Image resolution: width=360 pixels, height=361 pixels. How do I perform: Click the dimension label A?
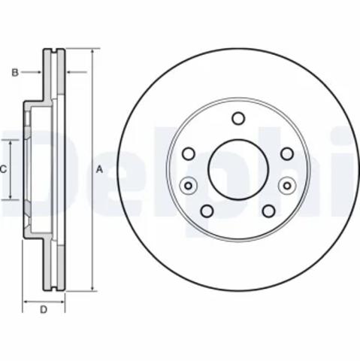99,169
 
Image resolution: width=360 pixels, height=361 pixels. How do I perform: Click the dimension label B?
15,72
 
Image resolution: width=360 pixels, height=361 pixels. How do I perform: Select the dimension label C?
3,169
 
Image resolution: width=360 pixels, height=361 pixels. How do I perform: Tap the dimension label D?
44,310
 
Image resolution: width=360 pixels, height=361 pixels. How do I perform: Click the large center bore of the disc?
238,170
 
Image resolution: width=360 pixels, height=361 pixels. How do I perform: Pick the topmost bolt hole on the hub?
238,118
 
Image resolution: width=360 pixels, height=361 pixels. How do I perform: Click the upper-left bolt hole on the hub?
189,153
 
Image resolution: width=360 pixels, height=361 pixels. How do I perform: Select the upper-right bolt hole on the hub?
287,153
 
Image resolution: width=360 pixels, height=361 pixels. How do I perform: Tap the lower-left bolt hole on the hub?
207,211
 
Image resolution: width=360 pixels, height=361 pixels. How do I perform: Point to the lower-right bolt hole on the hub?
269,211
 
